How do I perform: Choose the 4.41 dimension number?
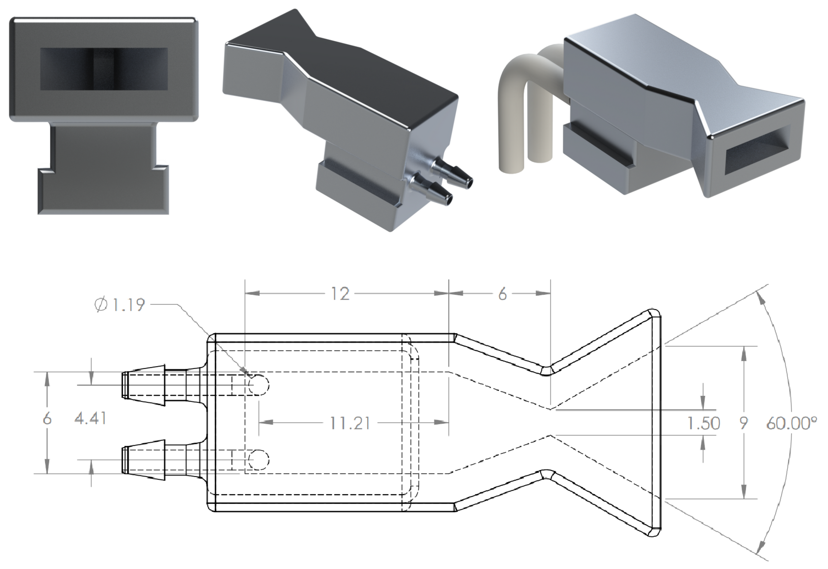tap(91, 418)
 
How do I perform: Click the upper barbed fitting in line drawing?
tap(153, 385)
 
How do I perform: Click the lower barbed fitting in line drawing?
tap(153, 460)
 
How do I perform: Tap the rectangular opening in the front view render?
tap(104, 69)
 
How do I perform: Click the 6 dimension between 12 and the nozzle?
tap(502, 294)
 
